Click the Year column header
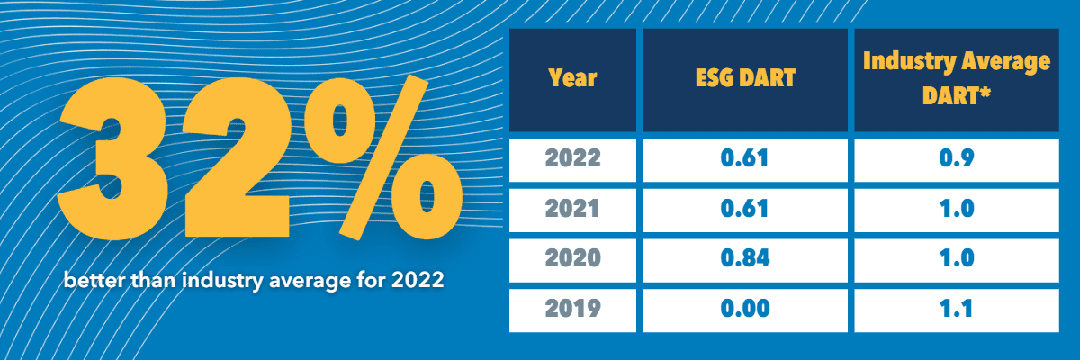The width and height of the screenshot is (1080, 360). (x=572, y=78)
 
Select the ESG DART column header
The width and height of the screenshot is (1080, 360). (x=745, y=78)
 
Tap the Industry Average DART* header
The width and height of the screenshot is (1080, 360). (x=957, y=78)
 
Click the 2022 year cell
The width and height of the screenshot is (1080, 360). (x=572, y=158)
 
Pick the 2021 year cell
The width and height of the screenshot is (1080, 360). (x=572, y=209)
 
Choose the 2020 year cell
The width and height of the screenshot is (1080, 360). (x=572, y=258)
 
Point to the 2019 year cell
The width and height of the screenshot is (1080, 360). (x=572, y=309)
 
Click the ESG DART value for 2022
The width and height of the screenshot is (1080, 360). (x=744, y=158)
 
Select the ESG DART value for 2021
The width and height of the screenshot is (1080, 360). (x=744, y=209)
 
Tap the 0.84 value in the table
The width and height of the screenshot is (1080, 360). (x=745, y=258)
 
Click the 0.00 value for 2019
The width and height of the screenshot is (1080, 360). (x=745, y=309)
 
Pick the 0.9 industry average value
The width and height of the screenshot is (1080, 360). (x=957, y=158)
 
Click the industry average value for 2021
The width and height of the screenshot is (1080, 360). (x=957, y=209)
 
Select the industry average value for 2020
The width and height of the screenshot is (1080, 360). (x=957, y=258)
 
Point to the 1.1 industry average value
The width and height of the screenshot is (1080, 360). (x=957, y=309)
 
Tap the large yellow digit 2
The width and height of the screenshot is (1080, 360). (x=236, y=159)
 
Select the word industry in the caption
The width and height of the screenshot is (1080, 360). (x=223, y=281)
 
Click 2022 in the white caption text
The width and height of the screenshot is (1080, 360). (x=418, y=280)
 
